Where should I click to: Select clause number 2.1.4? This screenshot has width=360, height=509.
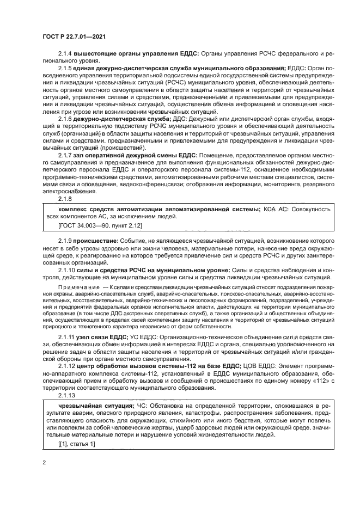point(66,55)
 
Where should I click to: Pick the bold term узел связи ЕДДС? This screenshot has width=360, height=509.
point(102,338)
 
